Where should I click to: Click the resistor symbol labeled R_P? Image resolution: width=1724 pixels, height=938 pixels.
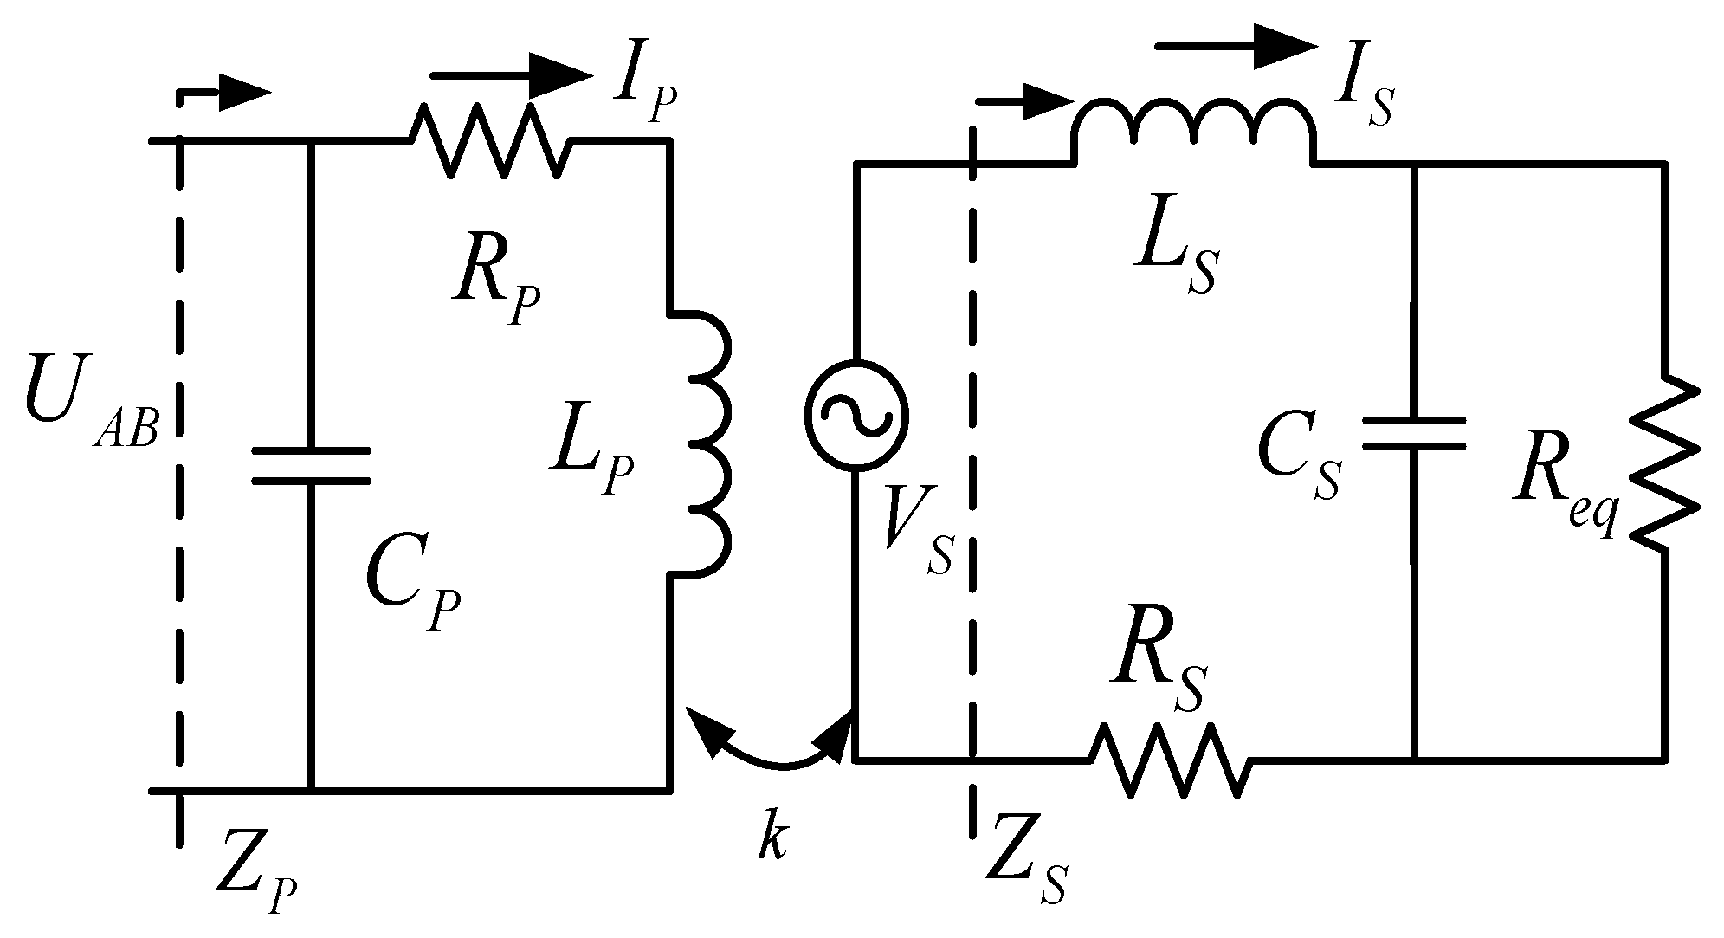[x=490, y=141]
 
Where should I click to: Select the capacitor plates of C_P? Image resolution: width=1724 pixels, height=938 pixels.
[x=310, y=466]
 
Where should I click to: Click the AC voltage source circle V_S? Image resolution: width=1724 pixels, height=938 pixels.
[x=856, y=414]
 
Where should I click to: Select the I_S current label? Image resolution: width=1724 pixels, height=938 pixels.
[x=1362, y=97]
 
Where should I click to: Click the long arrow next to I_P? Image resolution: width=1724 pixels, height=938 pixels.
[x=511, y=76]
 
